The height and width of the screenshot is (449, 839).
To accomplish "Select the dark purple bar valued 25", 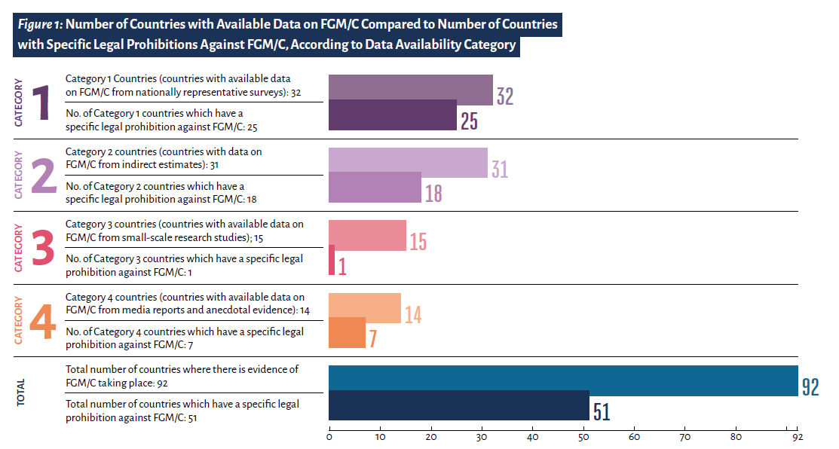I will pos(392,115).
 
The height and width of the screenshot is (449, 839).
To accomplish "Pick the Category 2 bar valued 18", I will pos(375,188).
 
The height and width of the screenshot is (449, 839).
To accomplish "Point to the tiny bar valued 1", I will pos(332,260).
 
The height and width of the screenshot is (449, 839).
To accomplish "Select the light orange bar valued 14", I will pos(365,307).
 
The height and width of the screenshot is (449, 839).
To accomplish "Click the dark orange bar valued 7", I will pos(347,333).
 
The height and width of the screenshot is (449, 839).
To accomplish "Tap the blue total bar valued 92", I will pos(562,380).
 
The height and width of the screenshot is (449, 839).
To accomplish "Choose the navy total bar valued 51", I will pos(458,405).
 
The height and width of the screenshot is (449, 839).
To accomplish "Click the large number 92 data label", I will pos(810,386).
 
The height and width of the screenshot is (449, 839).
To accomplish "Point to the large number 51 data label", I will pos(601,412).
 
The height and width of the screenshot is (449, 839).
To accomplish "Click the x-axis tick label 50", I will pos(583,436).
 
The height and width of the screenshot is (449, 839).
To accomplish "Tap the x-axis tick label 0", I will pos(329,436).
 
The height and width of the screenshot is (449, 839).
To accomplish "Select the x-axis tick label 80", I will pos(736,436).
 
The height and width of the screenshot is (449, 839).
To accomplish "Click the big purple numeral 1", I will pos(39,102).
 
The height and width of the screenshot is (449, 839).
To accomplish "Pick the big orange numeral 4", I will pos(42,321).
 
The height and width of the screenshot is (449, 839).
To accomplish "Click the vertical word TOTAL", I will pos(20,392).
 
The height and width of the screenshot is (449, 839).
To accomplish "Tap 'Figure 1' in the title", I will pos(40,25).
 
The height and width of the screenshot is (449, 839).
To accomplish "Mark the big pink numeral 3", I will pos(42,248).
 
